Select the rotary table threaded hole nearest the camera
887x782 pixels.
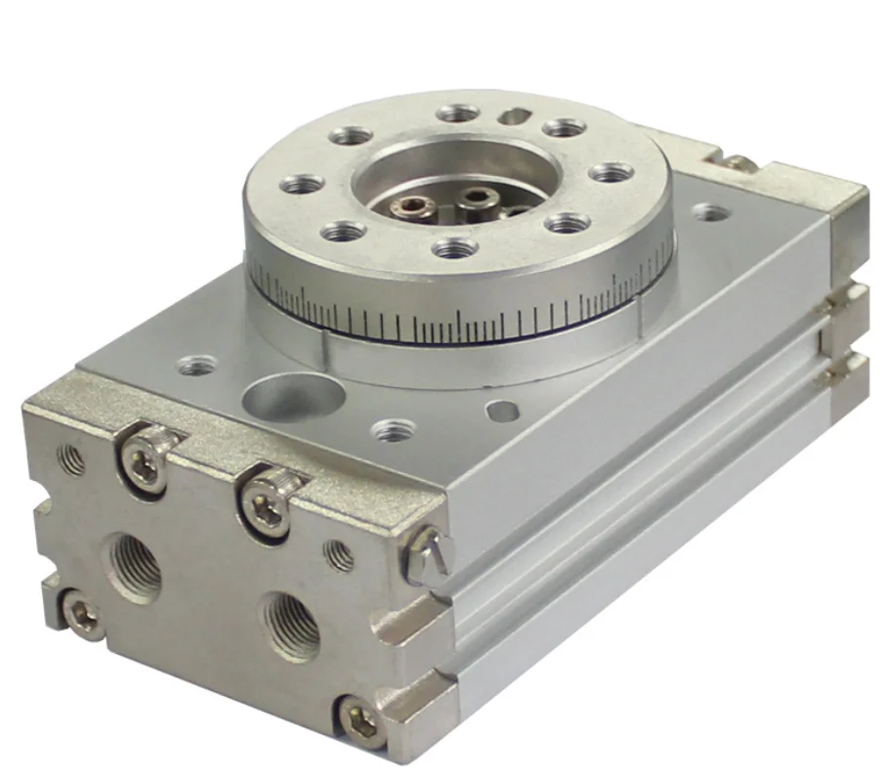tap(456, 248)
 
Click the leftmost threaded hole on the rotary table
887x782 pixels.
tap(301, 183)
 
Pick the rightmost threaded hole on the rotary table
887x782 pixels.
tap(612, 173)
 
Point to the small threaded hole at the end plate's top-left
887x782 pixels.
tap(72, 458)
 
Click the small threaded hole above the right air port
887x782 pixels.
tap(339, 555)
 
